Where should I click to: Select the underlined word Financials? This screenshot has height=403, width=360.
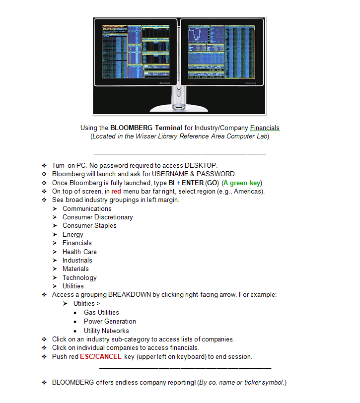click(265, 128)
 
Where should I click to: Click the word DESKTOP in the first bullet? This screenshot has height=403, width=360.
click(201, 165)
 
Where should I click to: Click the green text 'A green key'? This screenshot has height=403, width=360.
click(242, 183)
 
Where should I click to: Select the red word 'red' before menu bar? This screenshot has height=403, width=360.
click(116, 191)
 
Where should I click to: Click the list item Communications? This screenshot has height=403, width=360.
click(87, 208)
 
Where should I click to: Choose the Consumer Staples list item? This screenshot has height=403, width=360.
click(89, 226)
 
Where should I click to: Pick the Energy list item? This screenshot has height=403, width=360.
click(73, 234)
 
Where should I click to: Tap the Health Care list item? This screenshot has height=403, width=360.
click(79, 252)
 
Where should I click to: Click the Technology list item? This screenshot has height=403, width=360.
click(79, 277)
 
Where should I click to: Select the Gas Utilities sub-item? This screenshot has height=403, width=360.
click(101, 312)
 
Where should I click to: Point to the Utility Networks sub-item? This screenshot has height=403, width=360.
click(106, 331)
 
